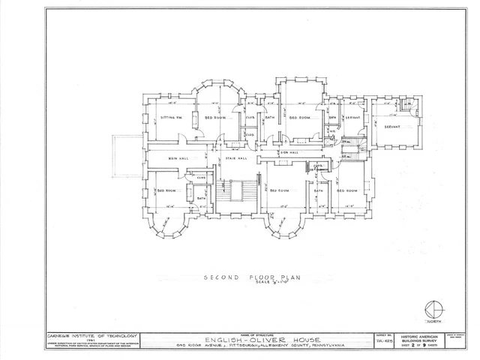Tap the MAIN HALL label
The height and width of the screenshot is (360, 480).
178,158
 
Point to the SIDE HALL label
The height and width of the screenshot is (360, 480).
289,152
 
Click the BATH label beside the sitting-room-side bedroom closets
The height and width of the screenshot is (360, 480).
269,118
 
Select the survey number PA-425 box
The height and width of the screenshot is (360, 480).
382,342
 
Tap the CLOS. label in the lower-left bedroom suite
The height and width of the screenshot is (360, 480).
201,177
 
